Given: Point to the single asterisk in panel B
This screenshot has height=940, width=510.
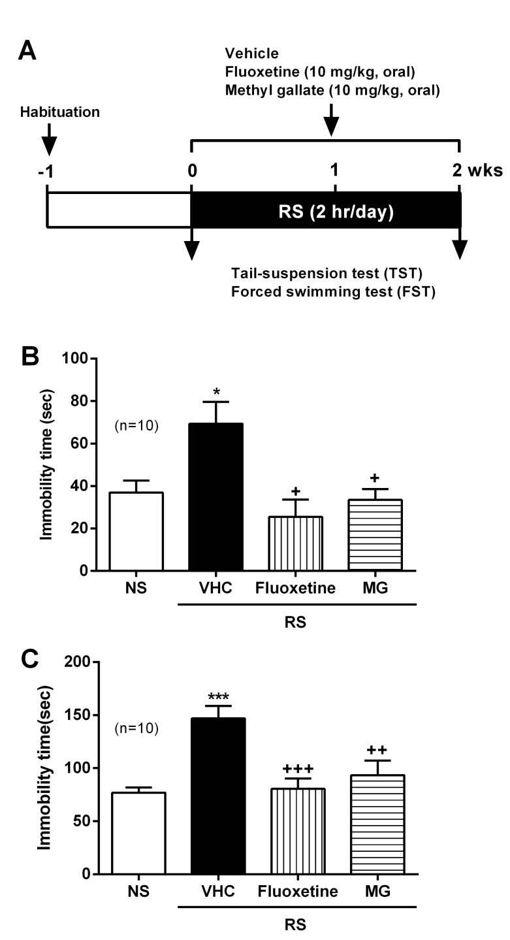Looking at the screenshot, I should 216,393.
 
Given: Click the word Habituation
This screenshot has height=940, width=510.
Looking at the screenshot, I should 59,112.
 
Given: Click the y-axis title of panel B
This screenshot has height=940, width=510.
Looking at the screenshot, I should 46,464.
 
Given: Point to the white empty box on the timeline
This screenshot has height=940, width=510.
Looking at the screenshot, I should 118,210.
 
